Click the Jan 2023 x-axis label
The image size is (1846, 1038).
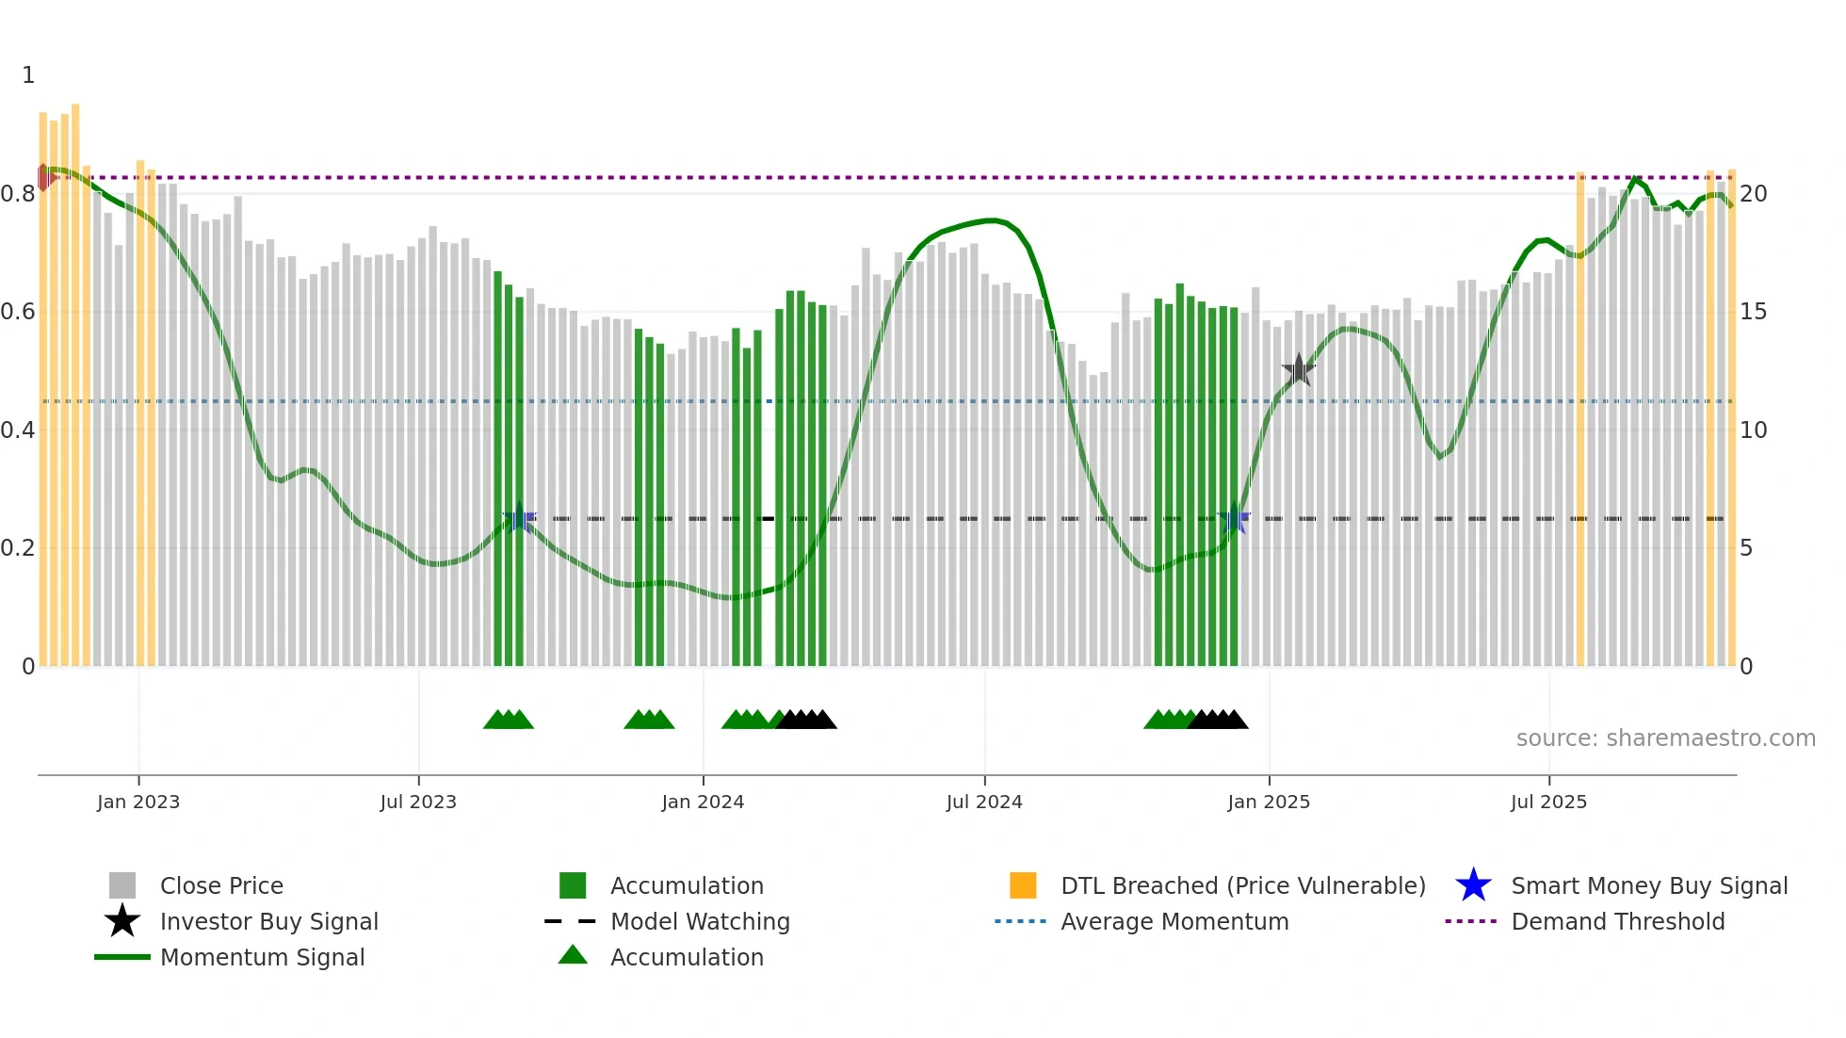[138, 802]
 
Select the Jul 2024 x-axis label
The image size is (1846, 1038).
[984, 802]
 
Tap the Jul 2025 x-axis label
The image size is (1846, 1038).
[1548, 802]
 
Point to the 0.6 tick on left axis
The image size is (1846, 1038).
[18, 312]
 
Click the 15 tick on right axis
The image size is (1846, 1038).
[1753, 312]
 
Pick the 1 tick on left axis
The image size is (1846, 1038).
[28, 75]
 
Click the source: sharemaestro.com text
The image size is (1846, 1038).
[1665, 738]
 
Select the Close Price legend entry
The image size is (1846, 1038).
[221, 885]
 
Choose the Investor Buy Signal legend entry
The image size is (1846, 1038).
[268, 921]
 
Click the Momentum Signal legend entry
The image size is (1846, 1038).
[262, 957]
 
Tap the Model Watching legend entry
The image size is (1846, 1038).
[700, 921]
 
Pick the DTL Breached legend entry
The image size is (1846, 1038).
[1242, 885]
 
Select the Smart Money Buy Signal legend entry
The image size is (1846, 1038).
[1648, 885]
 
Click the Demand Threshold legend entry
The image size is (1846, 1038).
[1617, 921]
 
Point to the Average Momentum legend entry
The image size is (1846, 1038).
[1174, 921]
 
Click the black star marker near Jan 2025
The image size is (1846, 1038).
[1299, 370]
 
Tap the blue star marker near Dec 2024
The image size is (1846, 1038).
[1234, 518]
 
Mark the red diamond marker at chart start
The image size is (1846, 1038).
[43, 177]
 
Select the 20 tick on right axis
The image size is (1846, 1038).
[1753, 194]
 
